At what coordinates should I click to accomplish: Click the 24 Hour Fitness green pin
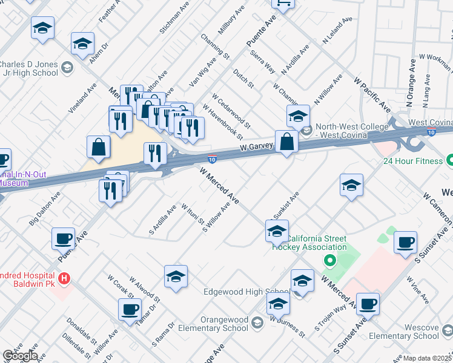(449, 161)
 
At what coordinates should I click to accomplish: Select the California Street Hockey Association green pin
(329, 261)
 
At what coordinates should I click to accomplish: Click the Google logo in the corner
(19, 355)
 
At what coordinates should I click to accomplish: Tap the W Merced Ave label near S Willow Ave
(219, 185)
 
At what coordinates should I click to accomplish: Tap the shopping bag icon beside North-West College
(287, 143)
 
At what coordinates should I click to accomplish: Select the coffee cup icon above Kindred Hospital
(63, 239)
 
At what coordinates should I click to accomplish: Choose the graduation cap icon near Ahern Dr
(83, 44)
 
